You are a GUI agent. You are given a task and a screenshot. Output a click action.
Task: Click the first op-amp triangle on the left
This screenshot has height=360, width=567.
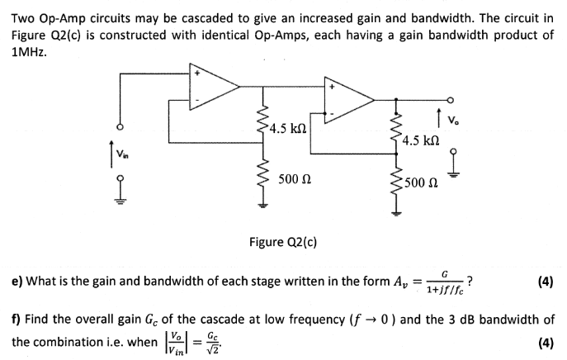tap(213, 85)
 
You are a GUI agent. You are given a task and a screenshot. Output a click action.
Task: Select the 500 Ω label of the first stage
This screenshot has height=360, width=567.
tap(295, 178)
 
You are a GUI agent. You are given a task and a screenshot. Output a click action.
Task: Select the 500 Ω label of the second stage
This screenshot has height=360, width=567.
tap(425, 182)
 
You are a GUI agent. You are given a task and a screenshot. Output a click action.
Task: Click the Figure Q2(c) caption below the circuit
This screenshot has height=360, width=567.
tap(283, 242)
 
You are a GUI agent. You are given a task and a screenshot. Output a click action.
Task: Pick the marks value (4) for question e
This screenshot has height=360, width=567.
tap(544, 282)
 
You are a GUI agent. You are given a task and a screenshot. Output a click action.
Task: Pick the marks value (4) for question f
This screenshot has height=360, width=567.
tap(544, 342)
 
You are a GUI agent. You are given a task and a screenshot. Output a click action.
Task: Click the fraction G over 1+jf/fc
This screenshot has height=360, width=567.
tap(444, 282)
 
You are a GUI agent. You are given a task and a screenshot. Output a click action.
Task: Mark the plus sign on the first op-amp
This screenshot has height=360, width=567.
tap(197, 73)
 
